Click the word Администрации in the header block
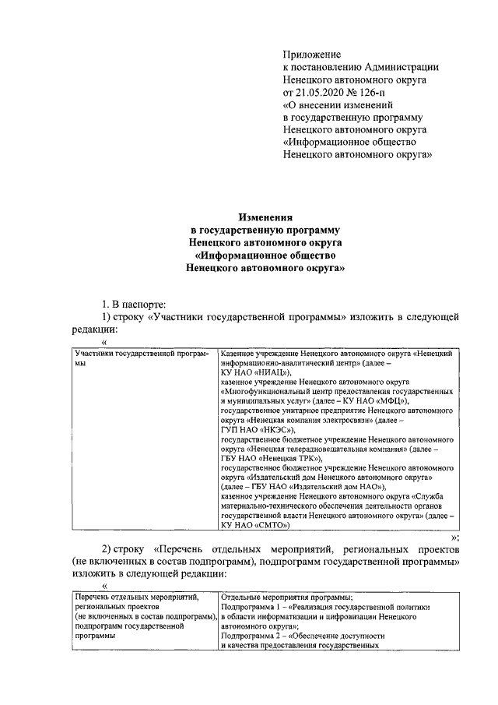[x=398, y=67]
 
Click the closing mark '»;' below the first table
[x=454, y=538]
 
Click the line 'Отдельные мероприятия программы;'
[x=287, y=597]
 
